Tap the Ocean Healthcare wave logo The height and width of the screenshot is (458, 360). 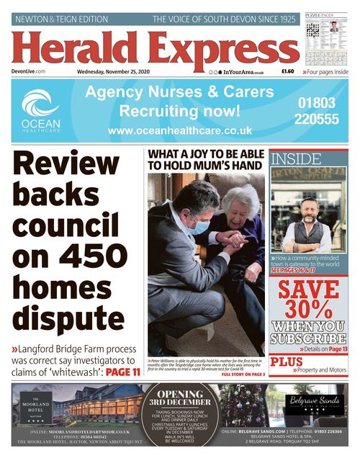[x=40, y=104]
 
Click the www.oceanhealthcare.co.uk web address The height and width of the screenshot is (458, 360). [x=180, y=131]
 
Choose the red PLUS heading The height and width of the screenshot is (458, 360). [x=287, y=362]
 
